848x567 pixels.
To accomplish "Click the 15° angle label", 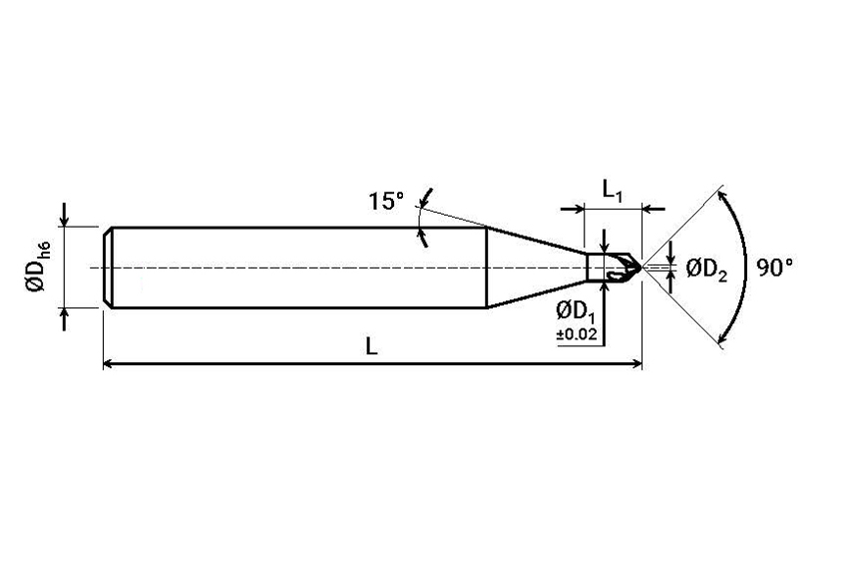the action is pyautogui.click(x=386, y=201).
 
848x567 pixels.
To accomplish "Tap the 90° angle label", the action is pyautogui.click(x=774, y=268).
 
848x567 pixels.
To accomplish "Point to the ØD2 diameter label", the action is pyautogui.click(x=706, y=270).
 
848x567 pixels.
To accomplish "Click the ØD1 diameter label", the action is pyautogui.click(x=575, y=312).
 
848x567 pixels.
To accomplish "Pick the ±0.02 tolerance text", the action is pyautogui.click(x=577, y=334).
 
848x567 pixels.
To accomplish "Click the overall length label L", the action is pyautogui.click(x=371, y=346).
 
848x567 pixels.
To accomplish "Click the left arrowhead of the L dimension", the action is pyautogui.click(x=108, y=363).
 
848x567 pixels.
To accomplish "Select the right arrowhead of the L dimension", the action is pyautogui.click(x=636, y=363).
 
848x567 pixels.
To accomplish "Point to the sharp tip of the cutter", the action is pyautogui.click(x=641, y=267).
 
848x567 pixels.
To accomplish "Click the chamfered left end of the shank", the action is pyautogui.click(x=107, y=268).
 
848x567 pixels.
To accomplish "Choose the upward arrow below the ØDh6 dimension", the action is pyautogui.click(x=65, y=319).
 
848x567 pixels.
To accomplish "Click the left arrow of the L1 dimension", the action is pyautogui.click(x=574, y=209).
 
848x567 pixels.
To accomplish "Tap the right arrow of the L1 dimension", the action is pyautogui.click(x=653, y=209).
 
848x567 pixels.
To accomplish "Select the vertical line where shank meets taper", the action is pyautogui.click(x=487, y=268).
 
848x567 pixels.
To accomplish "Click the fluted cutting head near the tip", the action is pyautogui.click(x=622, y=268).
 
